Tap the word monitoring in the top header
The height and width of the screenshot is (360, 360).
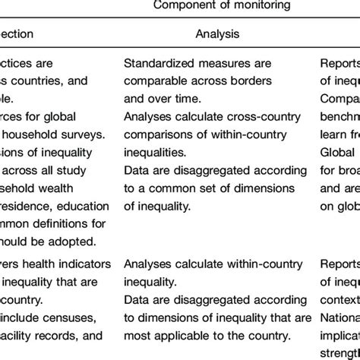tap(248, 5)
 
